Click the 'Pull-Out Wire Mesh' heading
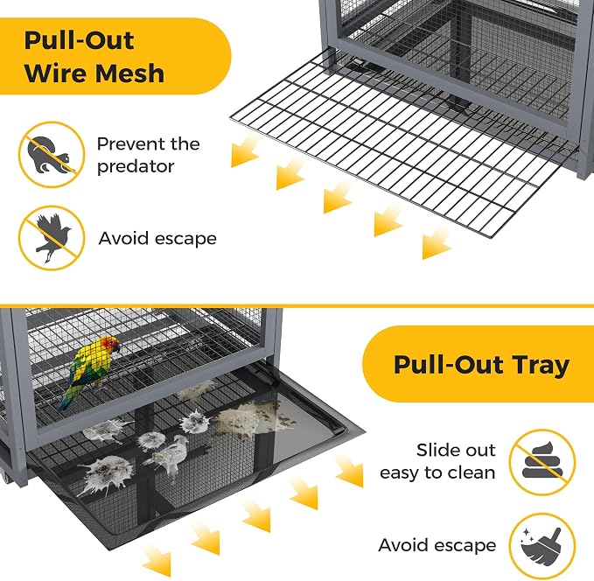(x=94, y=57)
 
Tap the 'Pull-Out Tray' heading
(x=481, y=364)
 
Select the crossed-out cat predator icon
(x=52, y=154)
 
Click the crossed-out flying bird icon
(x=52, y=238)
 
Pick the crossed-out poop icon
(x=542, y=462)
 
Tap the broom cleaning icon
(x=542, y=546)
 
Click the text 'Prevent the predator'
(x=148, y=155)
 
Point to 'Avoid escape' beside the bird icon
(x=157, y=239)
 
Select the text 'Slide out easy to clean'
(x=437, y=462)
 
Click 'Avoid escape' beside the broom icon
(x=437, y=545)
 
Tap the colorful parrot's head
(x=110, y=345)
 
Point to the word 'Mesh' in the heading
(x=129, y=73)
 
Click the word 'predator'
(x=136, y=167)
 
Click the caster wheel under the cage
(x=5, y=478)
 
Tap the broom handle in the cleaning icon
(x=555, y=536)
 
